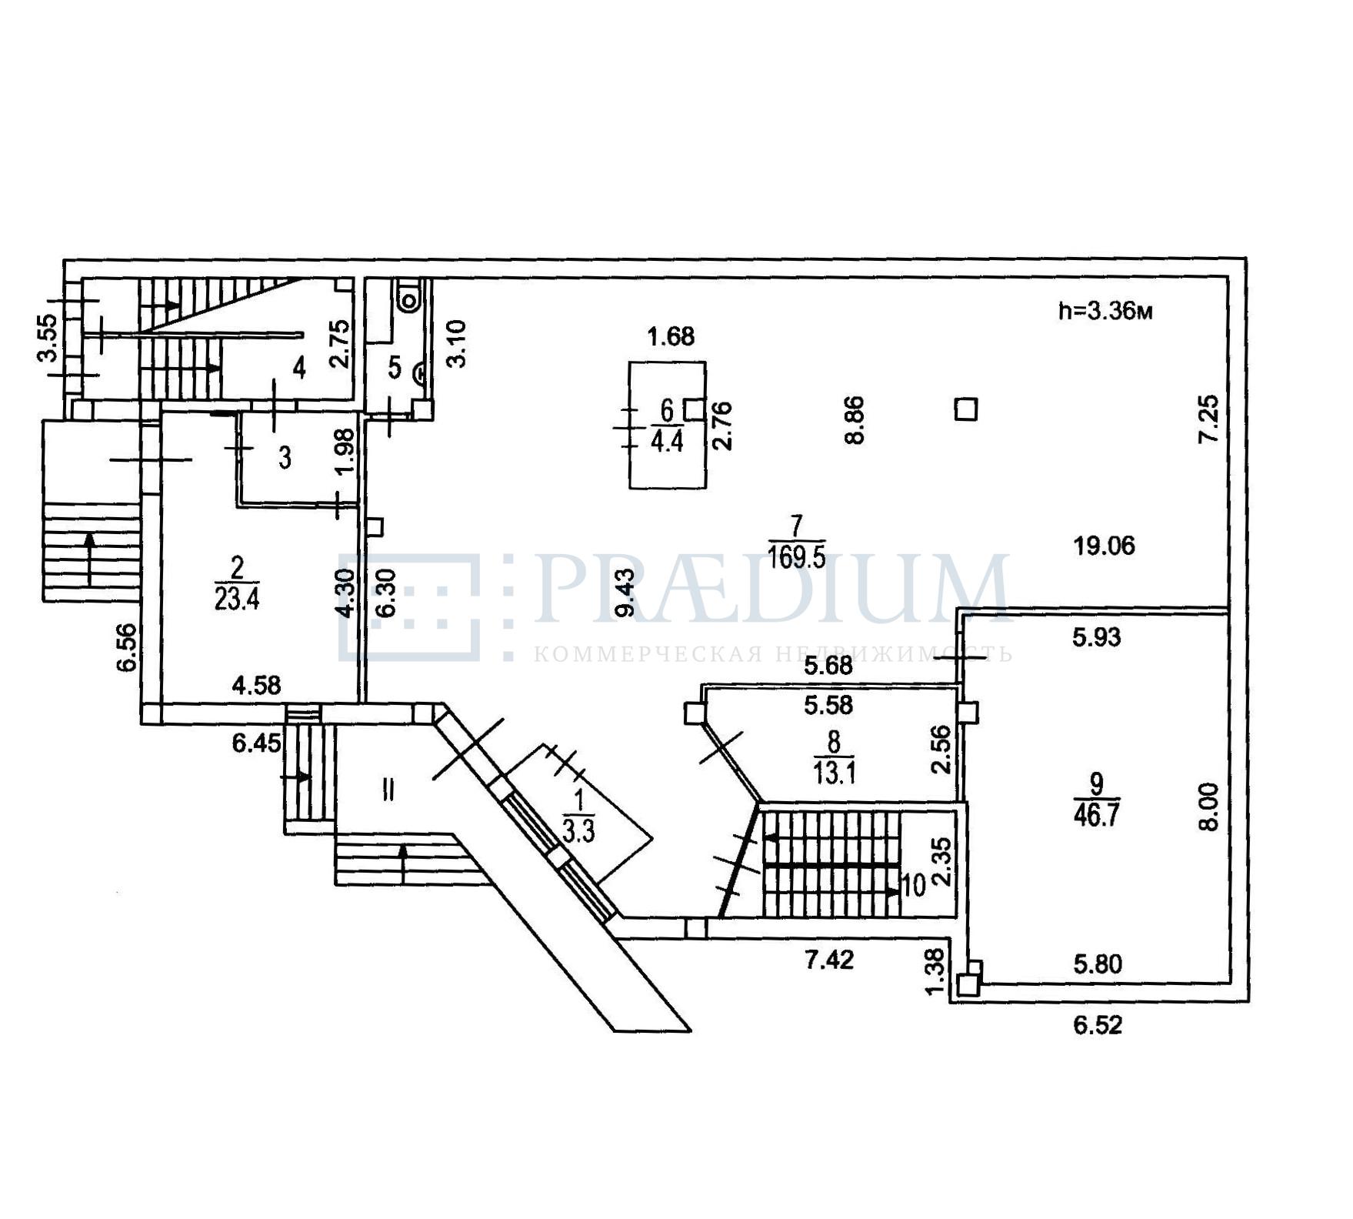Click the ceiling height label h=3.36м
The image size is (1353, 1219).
click(x=1105, y=312)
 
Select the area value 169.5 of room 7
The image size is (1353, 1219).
click(x=797, y=556)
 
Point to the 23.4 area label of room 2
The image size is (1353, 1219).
click(x=237, y=599)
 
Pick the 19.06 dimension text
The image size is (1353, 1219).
click(x=1105, y=546)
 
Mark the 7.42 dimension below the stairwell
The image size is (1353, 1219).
click(x=829, y=960)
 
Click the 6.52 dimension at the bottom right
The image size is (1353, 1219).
click(x=1098, y=1025)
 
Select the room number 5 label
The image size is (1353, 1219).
click(x=395, y=367)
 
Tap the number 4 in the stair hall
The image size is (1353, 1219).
click(x=299, y=368)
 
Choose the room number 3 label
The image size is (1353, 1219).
click(x=285, y=459)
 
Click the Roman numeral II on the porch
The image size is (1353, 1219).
click(x=388, y=790)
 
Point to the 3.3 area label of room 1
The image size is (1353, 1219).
click(x=578, y=832)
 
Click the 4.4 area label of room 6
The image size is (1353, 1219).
click(x=667, y=443)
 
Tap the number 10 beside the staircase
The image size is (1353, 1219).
click(x=913, y=887)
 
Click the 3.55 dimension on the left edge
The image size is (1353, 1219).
click(x=48, y=339)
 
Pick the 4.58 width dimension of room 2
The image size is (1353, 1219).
click(x=257, y=685)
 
